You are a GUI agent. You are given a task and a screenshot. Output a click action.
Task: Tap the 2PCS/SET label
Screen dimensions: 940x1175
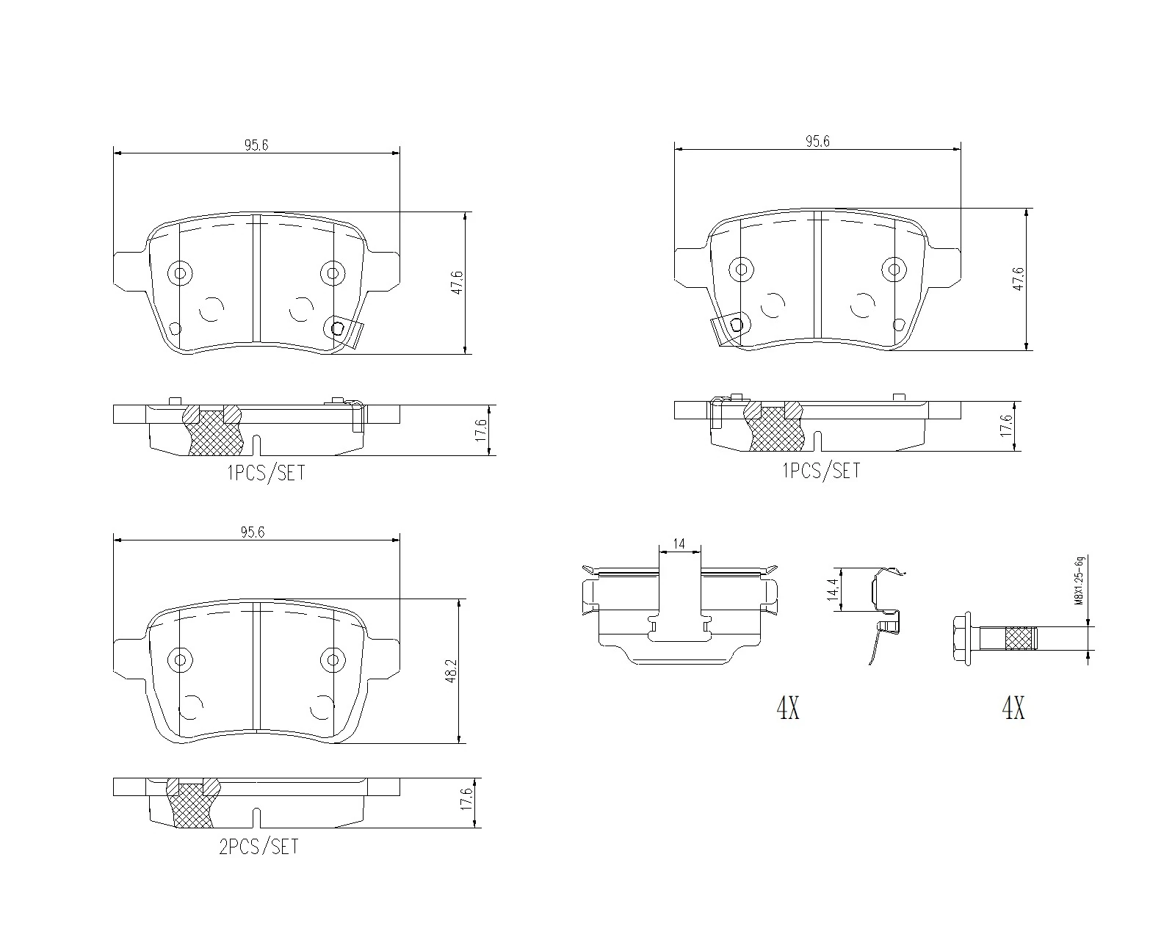[x=258, y=847]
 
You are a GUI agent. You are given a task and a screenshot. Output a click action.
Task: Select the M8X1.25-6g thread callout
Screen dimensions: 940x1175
[x=1078, y=582]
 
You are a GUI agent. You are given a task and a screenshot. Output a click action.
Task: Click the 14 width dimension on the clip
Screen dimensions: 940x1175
[x=679, y=544]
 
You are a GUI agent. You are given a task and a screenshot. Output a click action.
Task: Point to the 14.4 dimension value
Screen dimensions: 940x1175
[x=832, y=590]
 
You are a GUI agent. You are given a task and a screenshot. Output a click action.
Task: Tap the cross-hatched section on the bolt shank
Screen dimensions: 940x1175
[x=1019, y=637]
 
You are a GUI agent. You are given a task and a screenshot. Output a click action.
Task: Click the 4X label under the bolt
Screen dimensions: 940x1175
[x=1013, y=708]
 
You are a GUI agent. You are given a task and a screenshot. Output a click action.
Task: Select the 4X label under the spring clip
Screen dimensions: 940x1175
[x=787, y=708]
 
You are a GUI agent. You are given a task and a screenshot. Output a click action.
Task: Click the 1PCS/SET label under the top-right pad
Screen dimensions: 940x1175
[x=821, y=471]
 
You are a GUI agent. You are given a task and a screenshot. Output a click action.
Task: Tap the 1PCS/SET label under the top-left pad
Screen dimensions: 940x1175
[x=266, y=473]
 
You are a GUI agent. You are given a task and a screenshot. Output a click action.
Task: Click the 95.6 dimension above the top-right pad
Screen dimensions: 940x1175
[x=817, y=141]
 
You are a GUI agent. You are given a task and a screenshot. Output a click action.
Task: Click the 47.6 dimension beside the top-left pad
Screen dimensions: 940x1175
[x=458, y=283]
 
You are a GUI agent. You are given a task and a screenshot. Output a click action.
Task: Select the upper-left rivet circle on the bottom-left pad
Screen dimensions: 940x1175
[x=179, y=659]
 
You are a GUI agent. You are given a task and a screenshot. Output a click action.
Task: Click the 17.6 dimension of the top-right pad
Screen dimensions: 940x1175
[x=1007, y=427]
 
